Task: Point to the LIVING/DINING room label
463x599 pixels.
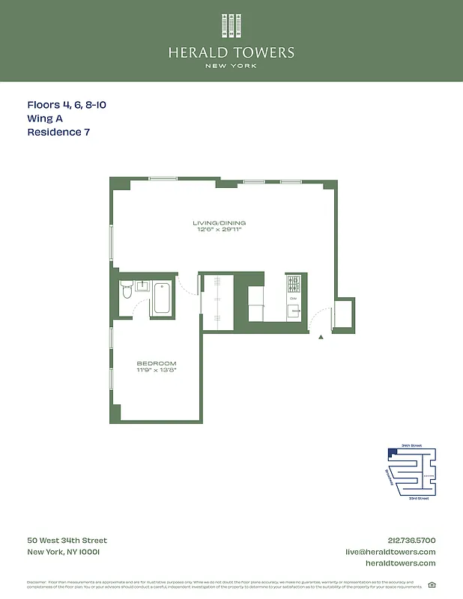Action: click(219, 223)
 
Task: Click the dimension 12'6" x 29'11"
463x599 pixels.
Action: click(219, 230)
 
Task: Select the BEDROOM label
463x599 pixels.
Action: click(157, 363)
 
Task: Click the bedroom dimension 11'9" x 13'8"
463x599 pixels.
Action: click(157, 370)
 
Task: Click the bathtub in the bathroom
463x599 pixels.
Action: click(162, 297)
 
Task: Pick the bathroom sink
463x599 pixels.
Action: click(142, 285)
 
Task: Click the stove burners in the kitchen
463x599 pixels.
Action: click(294, 285)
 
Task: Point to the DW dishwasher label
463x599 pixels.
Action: click(294, 299)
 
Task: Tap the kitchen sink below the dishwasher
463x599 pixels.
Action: click(294, 311)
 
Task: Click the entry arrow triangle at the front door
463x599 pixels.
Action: click(321, 338)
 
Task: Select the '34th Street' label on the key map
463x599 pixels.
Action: click(411, 446)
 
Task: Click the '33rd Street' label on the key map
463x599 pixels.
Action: click(418, 498)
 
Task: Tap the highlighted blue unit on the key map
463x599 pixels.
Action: click(392, 453)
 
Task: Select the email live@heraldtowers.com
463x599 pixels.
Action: click(390, 552)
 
